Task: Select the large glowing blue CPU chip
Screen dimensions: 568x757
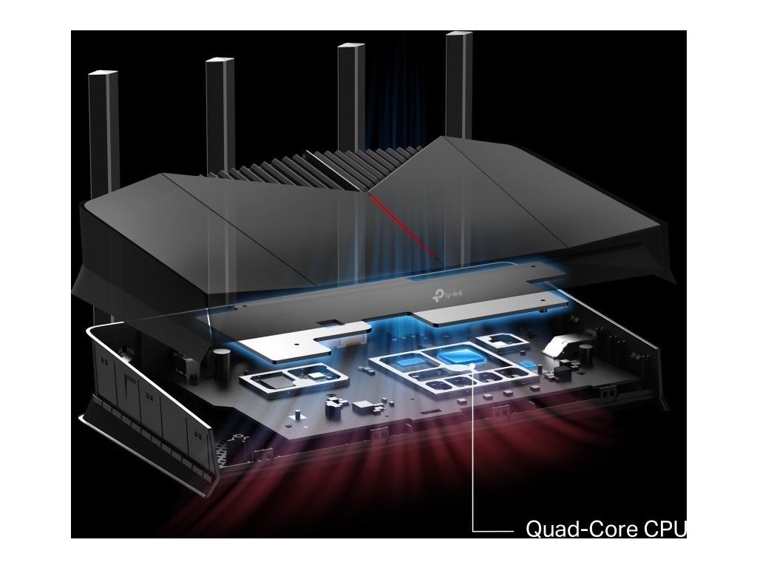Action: pyautogui.click(x=459, y=358)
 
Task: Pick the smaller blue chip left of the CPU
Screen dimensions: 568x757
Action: pyautogui.click(x=408, y=362)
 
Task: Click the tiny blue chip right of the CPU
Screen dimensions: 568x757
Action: pyautogui.click(x=527, y=365)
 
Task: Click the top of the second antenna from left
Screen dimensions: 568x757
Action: pyautogui.click(x=220, y=60)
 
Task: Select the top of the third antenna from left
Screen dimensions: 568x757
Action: pyautogui.click(x=351, y=47)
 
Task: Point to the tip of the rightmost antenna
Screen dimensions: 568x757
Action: pyautogui.click(x=458, y=35)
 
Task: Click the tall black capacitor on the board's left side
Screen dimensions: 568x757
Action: pyautogui.click(x=220, y=359)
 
